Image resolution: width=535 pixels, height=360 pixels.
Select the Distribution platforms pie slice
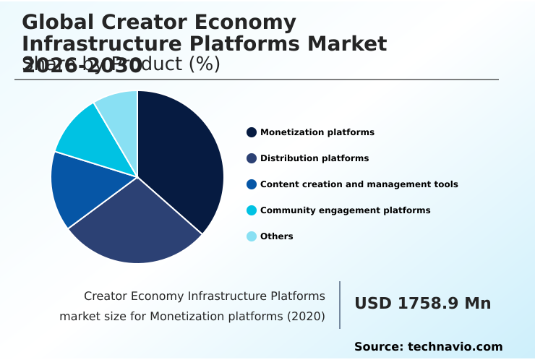(x=137, y=228)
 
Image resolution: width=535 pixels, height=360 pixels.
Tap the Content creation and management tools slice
(x=80, y=188)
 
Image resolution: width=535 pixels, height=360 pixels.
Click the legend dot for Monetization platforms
(x=252, y=132)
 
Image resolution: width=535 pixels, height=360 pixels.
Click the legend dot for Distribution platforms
(x=252, y=158)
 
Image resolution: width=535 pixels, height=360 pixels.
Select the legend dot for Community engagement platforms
(x=252, y=210)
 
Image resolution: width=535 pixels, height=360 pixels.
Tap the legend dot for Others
(x=252, y=236)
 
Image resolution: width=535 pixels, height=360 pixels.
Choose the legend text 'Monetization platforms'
(x=317, y=132)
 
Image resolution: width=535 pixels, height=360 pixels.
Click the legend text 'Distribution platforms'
(x=314, y=158)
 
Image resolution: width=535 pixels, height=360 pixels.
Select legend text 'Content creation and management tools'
(x=359, y=184)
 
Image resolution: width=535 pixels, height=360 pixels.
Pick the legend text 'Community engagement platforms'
(x=345, y=210)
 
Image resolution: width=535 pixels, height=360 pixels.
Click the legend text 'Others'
(x=277, y=236)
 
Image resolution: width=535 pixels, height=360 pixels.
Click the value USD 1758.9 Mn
(x=422, y=304)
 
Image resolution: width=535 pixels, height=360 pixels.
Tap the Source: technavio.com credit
(x=428, y=347)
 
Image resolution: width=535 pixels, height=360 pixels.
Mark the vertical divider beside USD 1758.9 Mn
(x=340, y=304)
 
